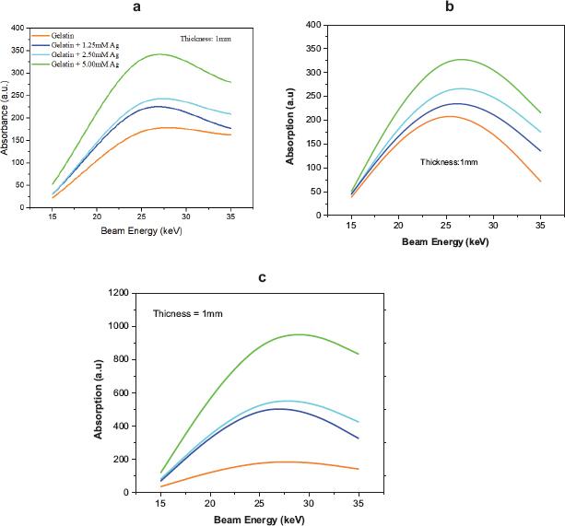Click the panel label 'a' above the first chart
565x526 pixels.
click(x=136, y=7)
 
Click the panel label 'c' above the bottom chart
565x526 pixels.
click(x=263, y=275)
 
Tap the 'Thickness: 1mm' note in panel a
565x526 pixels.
click(x=210, y=38)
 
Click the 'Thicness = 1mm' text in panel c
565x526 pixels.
click(x=189, y=314)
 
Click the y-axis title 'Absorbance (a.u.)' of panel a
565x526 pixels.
click(x=6, y=117)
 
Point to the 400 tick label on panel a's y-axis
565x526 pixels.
click(x=17, y=28)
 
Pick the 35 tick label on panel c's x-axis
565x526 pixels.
click(x=358, y=504)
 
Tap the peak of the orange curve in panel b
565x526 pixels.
click(x=450, y=116)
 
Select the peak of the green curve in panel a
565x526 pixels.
click(x=160, y=54)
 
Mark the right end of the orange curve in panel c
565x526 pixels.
click(x=358, y=469)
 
